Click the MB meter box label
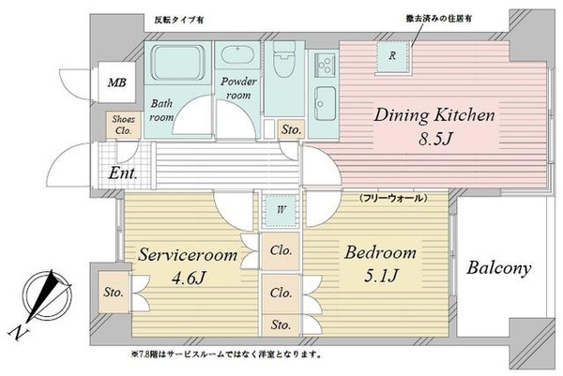117,83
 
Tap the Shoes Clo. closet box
123,125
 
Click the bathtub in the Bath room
177,63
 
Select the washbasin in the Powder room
237,55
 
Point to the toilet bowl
284,60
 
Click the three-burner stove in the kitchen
325,65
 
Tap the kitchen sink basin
325,104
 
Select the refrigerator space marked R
393,56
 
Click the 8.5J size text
434,138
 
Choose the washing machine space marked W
281,210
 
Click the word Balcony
499,267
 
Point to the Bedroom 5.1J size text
381,276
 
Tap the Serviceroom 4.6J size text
189,278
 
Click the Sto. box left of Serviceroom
114,292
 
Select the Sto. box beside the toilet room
291,129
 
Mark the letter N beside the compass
17,333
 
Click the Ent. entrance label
123,173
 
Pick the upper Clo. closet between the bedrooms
281,250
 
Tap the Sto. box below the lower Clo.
281,325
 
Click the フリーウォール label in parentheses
393,197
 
